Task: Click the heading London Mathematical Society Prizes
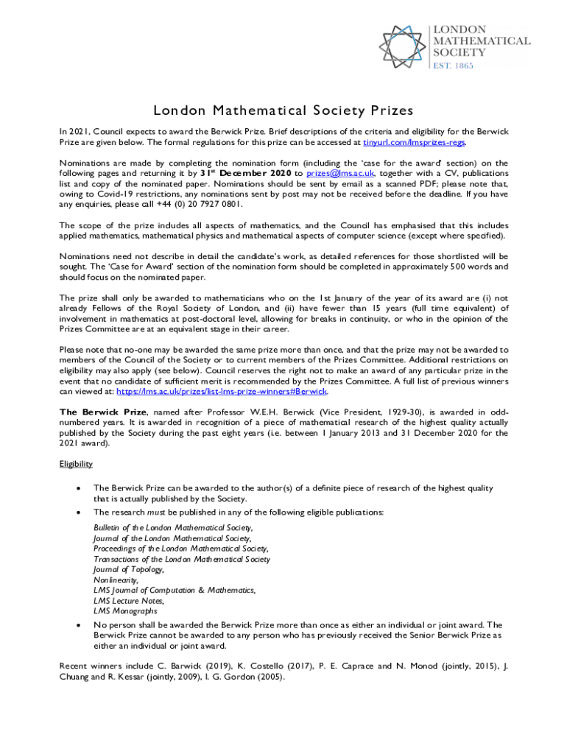283,110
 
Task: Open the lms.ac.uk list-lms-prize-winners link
222,391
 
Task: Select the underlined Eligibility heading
76,465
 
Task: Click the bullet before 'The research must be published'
77,512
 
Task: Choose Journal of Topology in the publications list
129,569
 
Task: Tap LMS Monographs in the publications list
125,610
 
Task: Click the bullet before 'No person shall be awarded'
77,625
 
